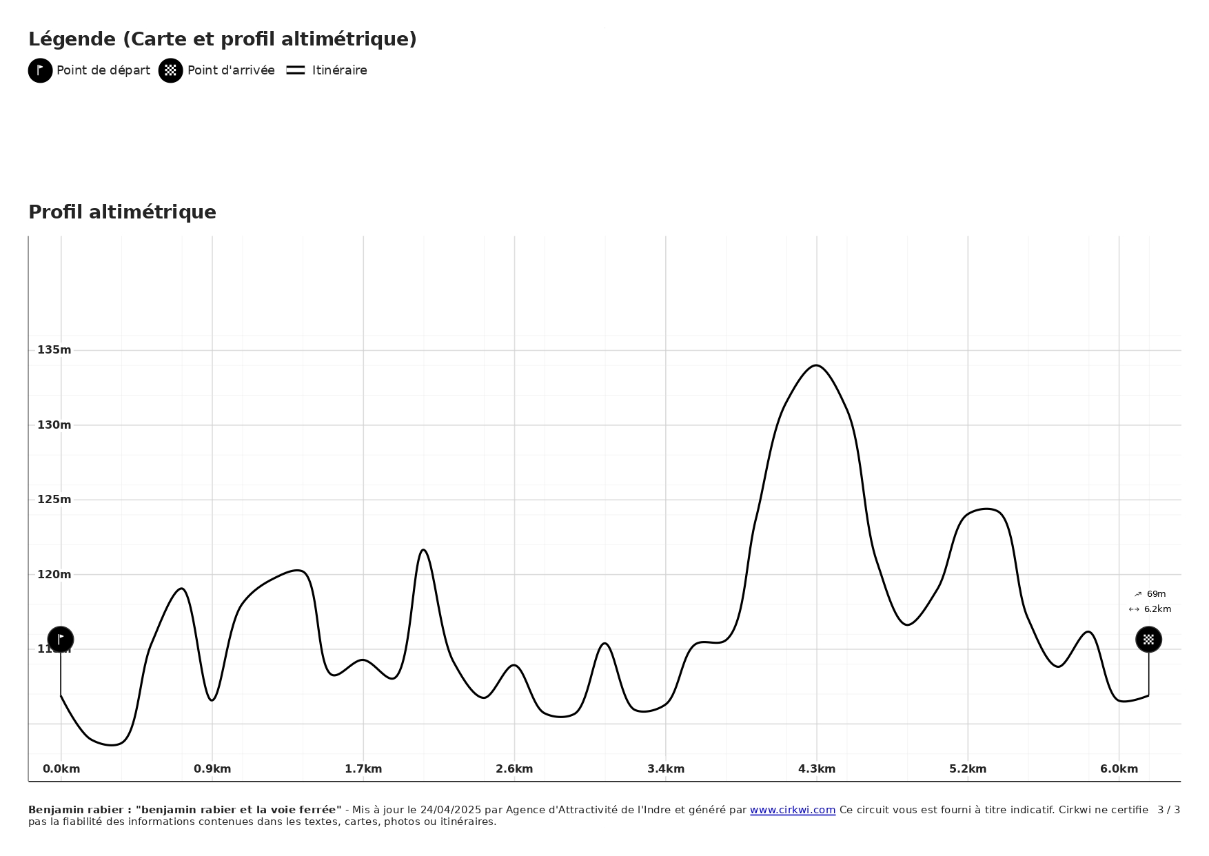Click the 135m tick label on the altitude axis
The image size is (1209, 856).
54,350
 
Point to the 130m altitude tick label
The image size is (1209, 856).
54,425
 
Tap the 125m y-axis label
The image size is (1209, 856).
54,500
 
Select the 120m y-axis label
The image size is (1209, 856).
54,575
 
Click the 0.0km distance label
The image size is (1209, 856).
61,769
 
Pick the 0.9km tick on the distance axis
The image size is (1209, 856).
212,769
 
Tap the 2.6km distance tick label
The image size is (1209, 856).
514,769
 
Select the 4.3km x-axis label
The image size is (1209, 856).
817,769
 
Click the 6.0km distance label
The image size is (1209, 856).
1119,769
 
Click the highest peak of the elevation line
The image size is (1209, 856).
816,365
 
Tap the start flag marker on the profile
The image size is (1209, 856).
61,640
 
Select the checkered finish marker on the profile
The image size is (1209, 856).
1148,640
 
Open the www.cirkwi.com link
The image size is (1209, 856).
792,810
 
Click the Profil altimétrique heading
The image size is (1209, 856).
122,212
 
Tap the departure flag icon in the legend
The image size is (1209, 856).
41,70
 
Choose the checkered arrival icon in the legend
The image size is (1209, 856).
171,70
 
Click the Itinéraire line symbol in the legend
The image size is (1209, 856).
296,70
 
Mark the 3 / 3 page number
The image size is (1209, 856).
1168,810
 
